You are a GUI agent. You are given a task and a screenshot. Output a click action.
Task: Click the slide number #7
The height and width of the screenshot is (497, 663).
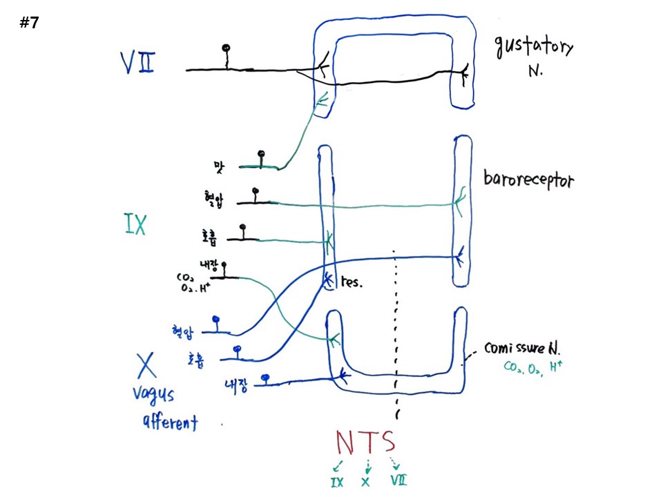click(29, 23)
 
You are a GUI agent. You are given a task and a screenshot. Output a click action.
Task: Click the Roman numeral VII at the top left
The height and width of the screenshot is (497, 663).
click(137, 64)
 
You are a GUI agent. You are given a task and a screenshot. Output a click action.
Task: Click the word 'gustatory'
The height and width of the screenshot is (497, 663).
click(533, 48)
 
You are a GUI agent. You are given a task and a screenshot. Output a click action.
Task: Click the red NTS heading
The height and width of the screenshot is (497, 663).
click(366, 442)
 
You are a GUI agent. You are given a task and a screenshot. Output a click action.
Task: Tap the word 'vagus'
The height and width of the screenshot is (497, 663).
click(154, 396)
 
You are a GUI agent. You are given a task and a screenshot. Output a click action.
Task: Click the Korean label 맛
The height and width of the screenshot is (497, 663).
click(220, 166)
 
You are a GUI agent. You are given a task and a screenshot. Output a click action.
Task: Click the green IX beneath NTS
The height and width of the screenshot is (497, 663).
click(336, 481)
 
